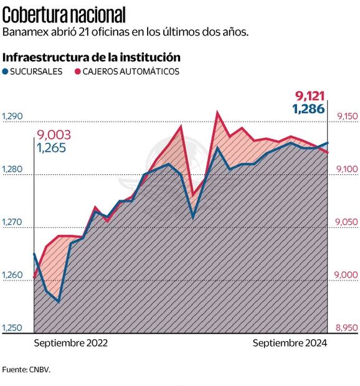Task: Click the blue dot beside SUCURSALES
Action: (6, 72)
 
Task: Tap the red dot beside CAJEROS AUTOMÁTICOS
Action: (78, 72)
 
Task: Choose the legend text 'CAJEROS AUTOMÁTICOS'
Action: (131, 72)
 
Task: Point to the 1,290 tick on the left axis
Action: (12, 116)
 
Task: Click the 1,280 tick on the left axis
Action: (12, 169)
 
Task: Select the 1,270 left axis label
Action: (12, 222)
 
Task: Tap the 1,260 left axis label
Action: (12, 275)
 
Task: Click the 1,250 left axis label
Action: (12, 328)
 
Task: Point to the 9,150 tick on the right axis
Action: (347, 116)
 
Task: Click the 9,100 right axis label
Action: (347, 169)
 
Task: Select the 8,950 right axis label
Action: (347, 328)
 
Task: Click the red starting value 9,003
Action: (54, 135)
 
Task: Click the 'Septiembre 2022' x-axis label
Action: (70, 343)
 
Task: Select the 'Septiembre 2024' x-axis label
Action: (290, 343)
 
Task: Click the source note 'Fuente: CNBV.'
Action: (26, 369)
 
